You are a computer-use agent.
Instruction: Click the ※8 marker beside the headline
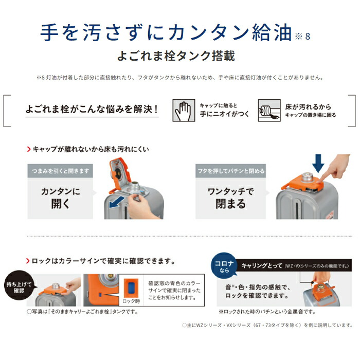click(x=302, y=37)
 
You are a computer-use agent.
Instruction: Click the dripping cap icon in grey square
click(x=269, y=109)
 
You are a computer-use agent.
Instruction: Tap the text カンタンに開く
click(x=60, y=197)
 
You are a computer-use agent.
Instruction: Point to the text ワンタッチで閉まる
click(x=230, y=197)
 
